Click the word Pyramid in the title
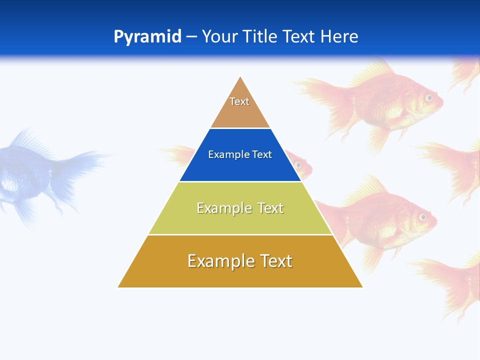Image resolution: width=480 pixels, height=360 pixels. click(147, 37)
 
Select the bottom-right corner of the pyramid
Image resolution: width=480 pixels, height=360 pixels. click(362, 287)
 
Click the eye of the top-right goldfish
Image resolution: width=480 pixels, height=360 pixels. click(428, 97)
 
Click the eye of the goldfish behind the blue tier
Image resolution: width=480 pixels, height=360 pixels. click(299, 164)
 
